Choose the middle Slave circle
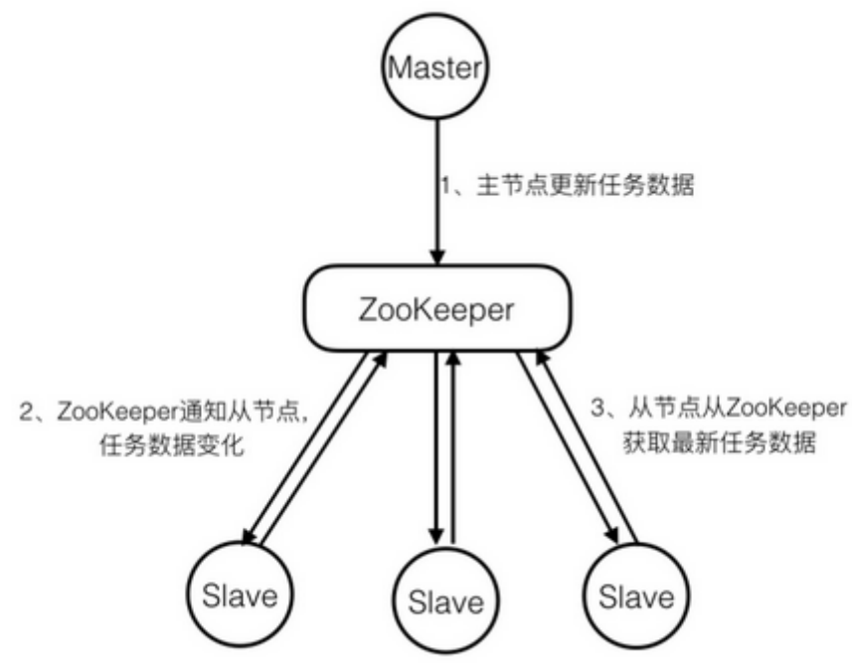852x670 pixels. point(443,600)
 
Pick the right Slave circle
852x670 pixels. point(635,595)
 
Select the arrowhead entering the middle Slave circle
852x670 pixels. point(433,534)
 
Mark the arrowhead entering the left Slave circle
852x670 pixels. point(251,537)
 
